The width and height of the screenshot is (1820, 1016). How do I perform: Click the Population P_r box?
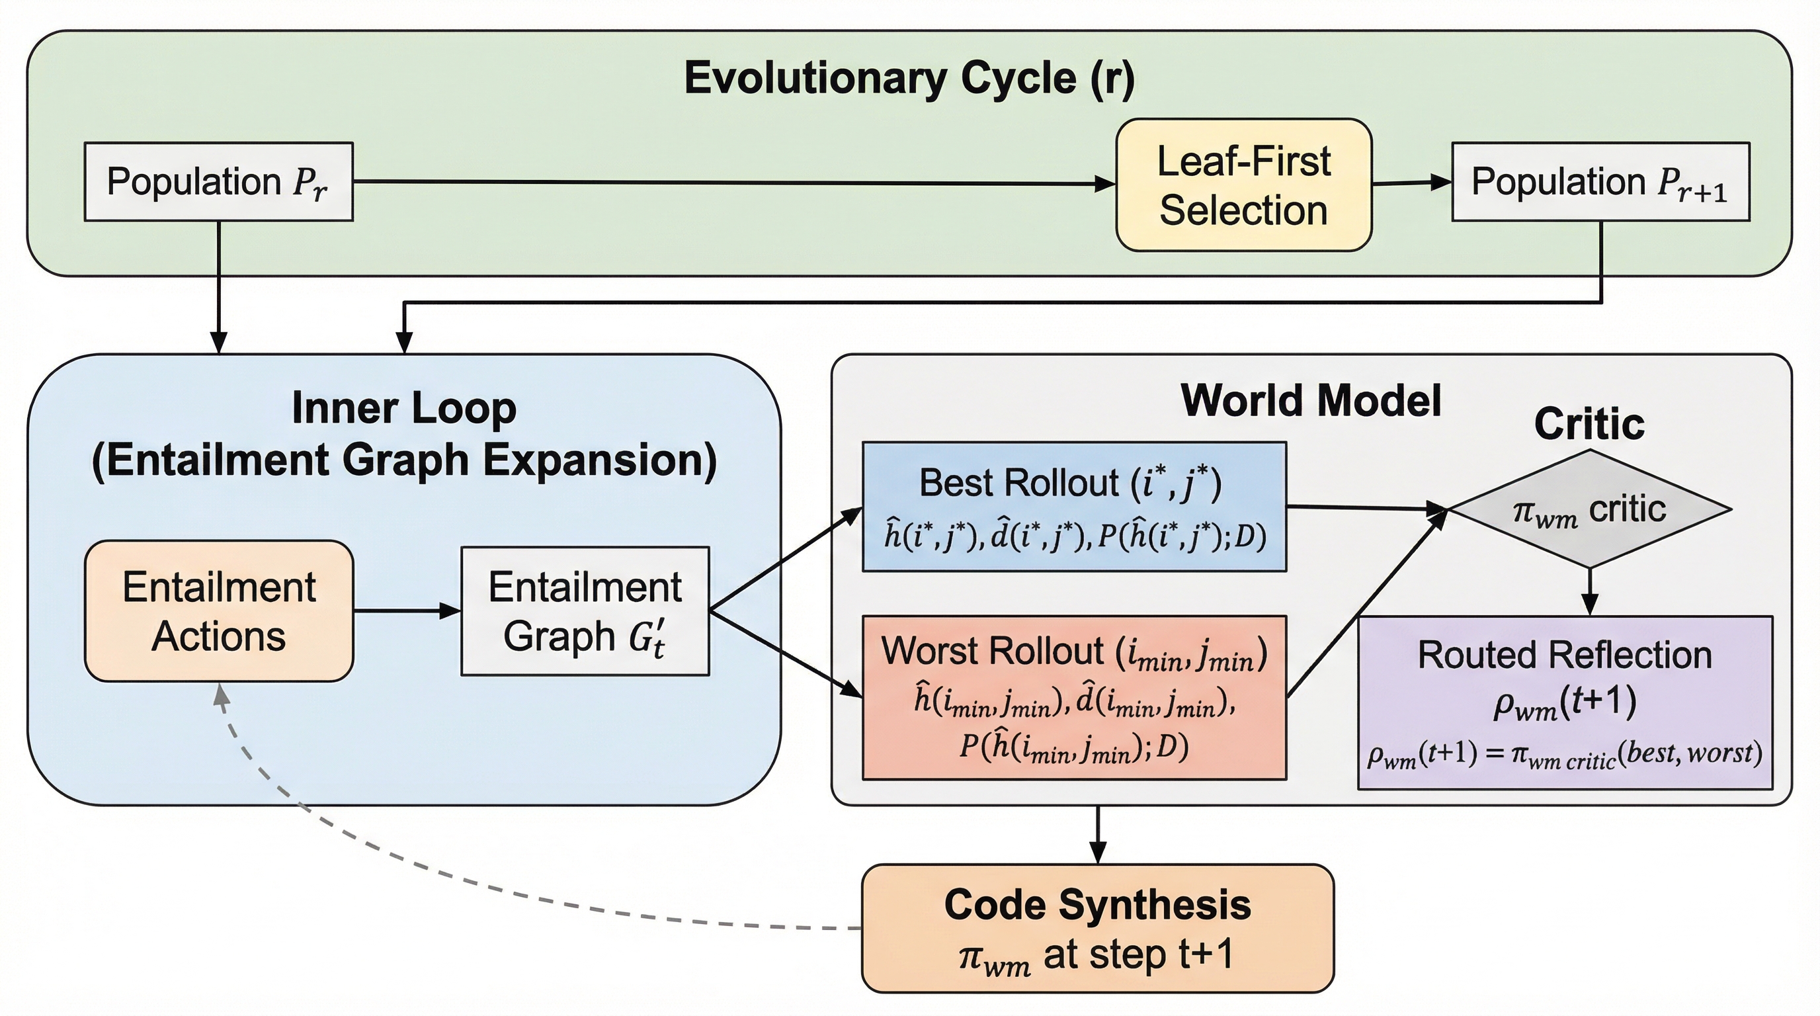click(x=218, y=182)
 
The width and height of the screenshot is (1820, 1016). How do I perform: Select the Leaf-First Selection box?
click(x=1243, y=185)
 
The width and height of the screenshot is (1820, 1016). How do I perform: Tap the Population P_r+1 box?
click(x=1600, y=182)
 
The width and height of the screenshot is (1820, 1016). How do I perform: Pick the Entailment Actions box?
click(x=219, y=611)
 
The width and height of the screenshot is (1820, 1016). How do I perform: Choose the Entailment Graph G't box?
click(x=585, y=611)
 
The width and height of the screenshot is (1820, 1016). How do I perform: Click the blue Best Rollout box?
click(x=1074, y=507)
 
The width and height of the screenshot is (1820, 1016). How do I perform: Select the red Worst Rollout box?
click(x=1074, y=697)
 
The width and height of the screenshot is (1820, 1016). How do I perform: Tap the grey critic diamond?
click(x=1590, y=509)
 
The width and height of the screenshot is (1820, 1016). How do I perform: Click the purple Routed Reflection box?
click(x=1565, y=702)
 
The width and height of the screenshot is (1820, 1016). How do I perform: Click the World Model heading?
click(x=1311, y=401)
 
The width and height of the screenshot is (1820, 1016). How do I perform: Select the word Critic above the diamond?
click(x=1589, y=424)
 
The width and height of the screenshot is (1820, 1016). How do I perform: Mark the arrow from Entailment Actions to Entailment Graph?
click(x=406, y=611)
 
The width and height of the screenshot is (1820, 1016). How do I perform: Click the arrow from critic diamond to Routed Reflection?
click(x=1590, y=591)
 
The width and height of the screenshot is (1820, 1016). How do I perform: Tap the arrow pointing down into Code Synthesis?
click(x=1097, y=833)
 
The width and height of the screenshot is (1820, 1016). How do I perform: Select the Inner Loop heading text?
click(x=404, y=434)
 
